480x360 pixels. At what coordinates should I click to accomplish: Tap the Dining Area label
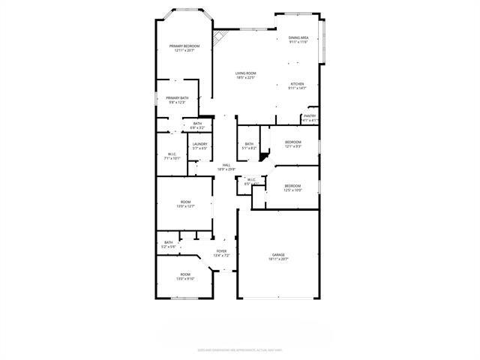click(x=298, y=40)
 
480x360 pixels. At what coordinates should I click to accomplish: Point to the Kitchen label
click(x=297, y=85)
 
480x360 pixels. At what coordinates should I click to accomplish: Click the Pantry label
click(x=310, y=118)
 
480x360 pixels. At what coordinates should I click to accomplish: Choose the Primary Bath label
click(x=178, y=100)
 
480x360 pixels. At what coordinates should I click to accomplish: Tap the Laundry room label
click(x=199, y=145)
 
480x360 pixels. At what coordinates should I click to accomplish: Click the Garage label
click(x=278, y=256)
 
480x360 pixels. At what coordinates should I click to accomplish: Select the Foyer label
click(x=221, y=253)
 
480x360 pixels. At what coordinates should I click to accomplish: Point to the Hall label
click(x=226, y=167)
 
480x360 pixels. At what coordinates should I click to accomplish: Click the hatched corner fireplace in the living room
click(x=218, y=37)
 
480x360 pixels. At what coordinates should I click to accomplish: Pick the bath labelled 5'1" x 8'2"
click(x=248, y=145)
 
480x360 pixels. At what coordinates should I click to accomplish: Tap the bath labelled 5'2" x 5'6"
click(x=169, y=244)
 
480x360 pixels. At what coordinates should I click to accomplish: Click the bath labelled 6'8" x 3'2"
click(x=197, y=125)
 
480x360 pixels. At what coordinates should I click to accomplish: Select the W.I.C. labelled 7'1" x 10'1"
click(x=172, y=156)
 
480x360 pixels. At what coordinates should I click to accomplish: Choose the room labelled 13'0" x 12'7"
click(x=185, y=204)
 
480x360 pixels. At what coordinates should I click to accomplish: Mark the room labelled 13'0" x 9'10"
click(x=184, y=276)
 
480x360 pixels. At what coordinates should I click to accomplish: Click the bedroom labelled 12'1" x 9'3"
click(x=292, y=144)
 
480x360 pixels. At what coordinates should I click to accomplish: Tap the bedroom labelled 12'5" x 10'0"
click(x=292, y=187)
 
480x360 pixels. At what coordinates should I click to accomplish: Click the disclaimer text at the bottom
click(x=240, y=349)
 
